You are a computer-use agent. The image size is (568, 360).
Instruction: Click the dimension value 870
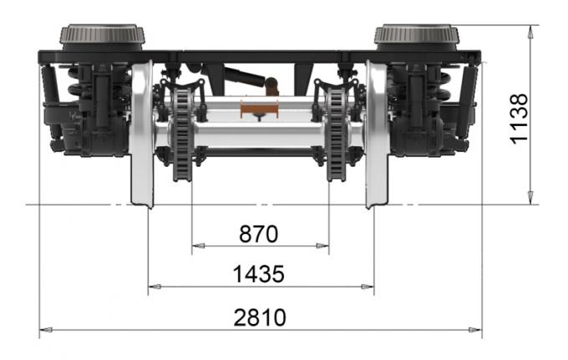tap(258, 234)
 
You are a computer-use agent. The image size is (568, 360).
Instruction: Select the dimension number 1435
tap(258, 273)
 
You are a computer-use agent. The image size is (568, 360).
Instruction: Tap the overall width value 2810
tap(260, 317)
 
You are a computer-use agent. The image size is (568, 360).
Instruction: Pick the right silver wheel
tap(377, 138)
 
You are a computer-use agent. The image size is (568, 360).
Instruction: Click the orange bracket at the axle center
tap(260, 108)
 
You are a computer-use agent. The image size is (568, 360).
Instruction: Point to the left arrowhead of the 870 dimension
tap(197, 246)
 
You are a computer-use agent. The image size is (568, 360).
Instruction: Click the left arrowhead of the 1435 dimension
tap(154, 286)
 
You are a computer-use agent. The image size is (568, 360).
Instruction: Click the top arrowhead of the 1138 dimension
tap(530, 31)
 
